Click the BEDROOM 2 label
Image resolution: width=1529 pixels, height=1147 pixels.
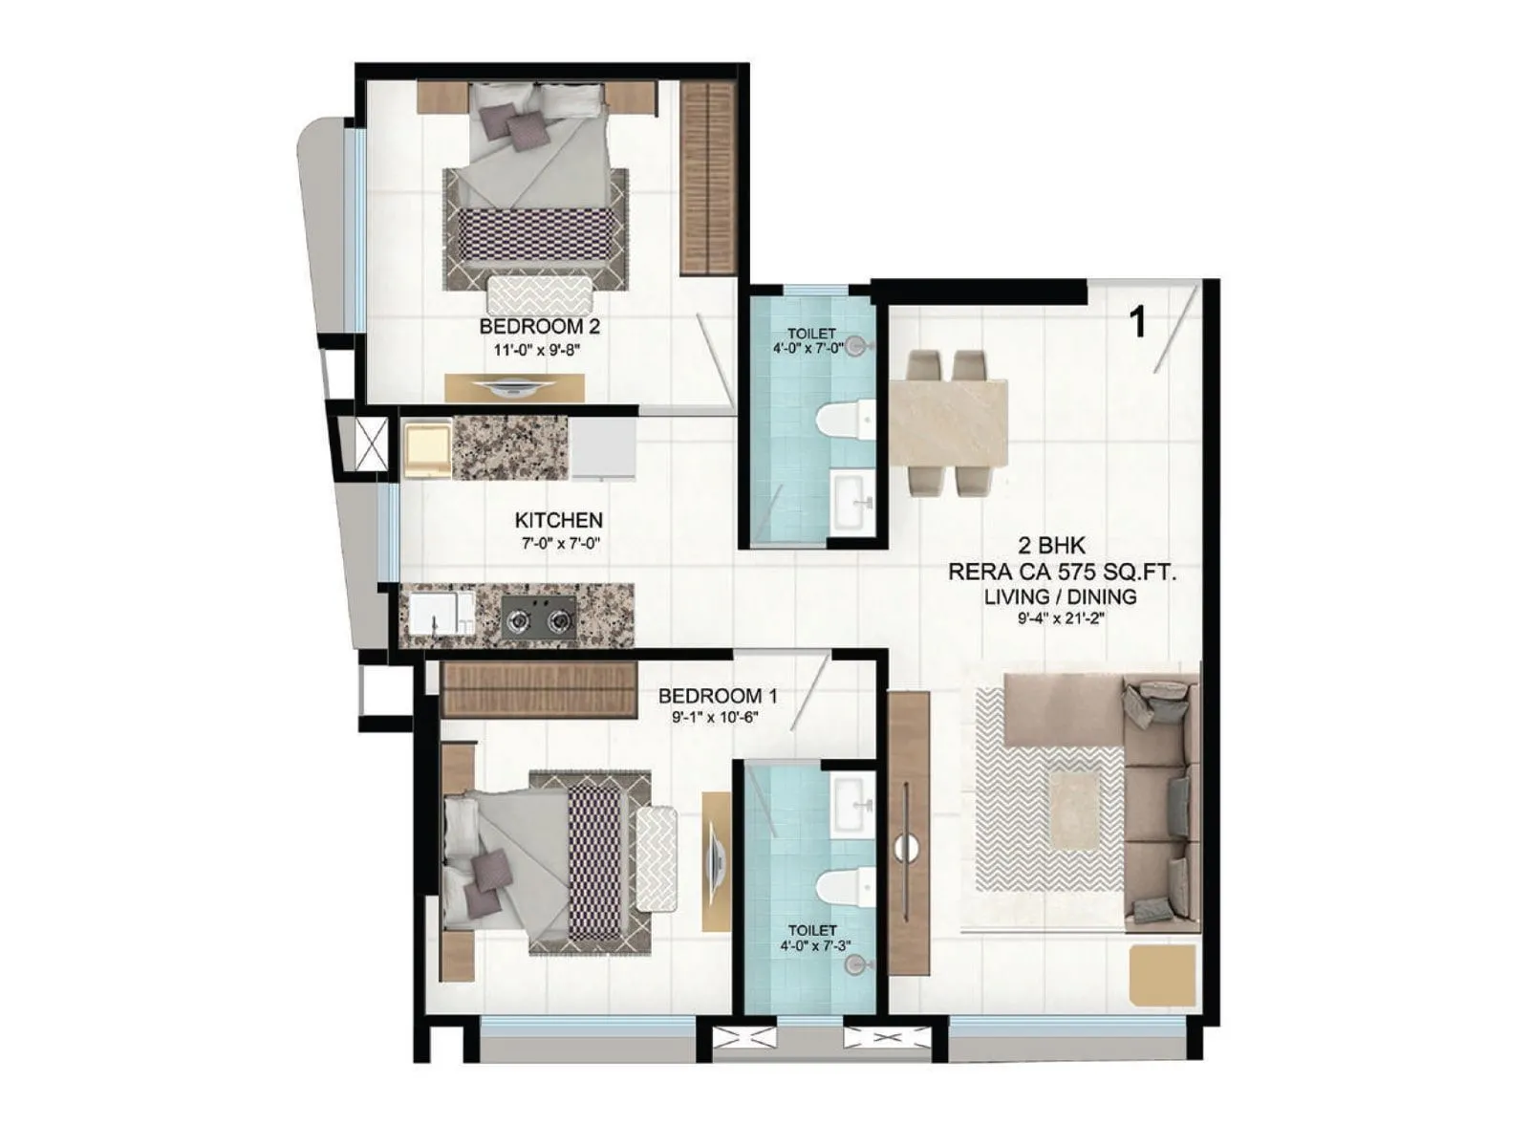coord(539,326)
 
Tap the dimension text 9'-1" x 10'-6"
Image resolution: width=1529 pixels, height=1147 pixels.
coord(714,717)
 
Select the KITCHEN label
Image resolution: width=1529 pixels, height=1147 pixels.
coord(558,520)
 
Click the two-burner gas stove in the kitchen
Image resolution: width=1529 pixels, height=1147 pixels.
coord(539,617)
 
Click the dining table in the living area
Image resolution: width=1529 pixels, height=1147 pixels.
coord(948,422)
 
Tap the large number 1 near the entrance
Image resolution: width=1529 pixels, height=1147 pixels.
coord(1137,322)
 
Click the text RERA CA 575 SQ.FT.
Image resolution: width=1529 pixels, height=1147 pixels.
coord(1061,572)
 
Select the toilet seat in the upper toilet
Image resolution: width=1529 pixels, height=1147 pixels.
coord(847,421)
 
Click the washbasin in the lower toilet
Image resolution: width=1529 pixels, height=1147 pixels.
coord(850,804)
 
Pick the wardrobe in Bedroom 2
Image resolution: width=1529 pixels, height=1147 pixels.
coord(707,177)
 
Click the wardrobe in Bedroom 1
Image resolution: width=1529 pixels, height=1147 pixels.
coord(540,688)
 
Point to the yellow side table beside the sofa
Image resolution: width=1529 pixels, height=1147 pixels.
coord(1162,974)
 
